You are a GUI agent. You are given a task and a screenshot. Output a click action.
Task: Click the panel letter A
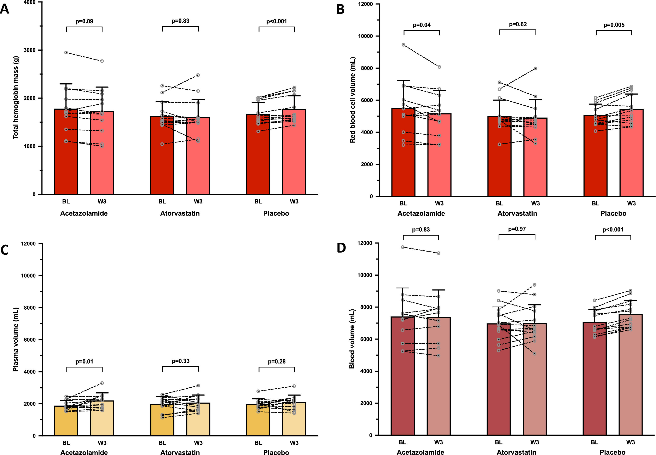pos(5,9)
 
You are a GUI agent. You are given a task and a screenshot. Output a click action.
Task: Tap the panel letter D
pos(341,248)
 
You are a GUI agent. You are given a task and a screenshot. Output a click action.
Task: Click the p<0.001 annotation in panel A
pos(277,21)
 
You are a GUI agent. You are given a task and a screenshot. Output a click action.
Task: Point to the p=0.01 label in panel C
pos(84,361)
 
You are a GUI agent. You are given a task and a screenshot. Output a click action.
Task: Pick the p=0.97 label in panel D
pos(517,229)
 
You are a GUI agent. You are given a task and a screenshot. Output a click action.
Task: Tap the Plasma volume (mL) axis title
pos(16,339)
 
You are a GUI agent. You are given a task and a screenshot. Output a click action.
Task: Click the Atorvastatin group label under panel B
pos(517,213)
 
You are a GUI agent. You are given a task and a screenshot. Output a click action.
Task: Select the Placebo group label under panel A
pos(276,213)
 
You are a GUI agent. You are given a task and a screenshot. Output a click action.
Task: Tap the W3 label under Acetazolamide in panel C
pos(102,443)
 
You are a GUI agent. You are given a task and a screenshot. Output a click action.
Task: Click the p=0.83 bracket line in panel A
pos(180,26)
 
